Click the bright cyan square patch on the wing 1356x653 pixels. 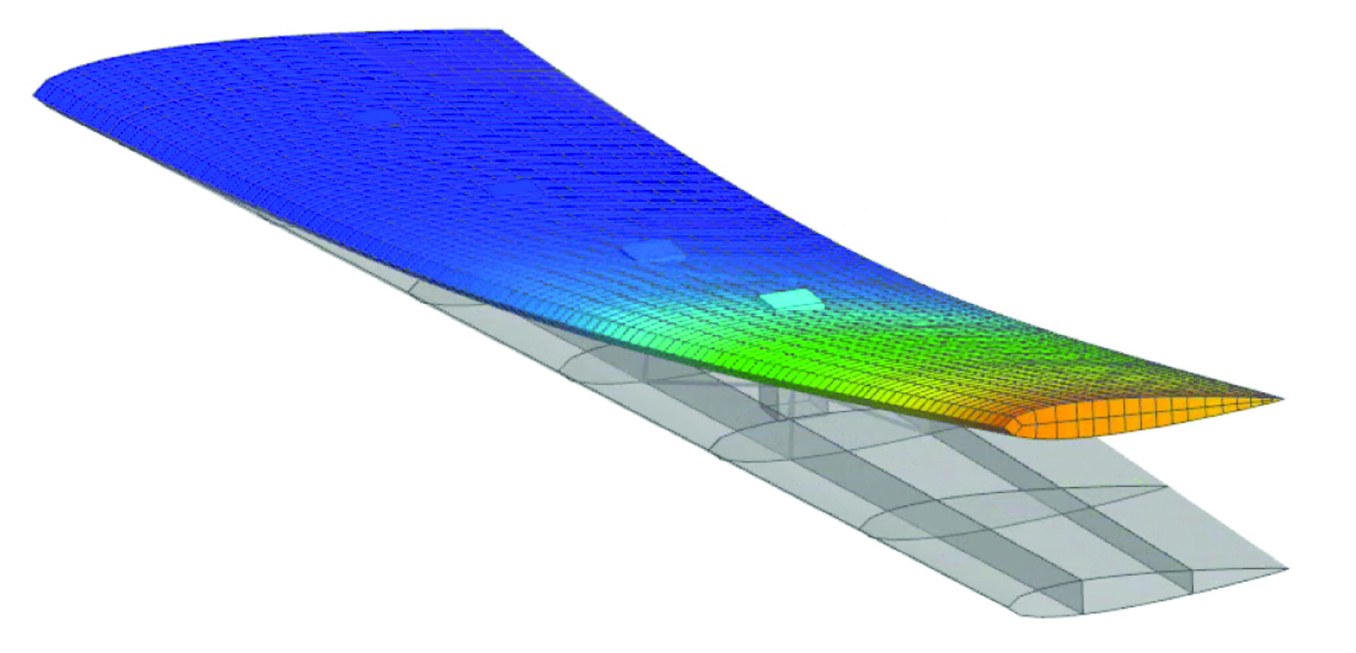pos(791,299)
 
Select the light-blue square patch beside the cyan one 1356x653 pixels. pos(652,252)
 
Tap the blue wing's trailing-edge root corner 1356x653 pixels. pos(501,30)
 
